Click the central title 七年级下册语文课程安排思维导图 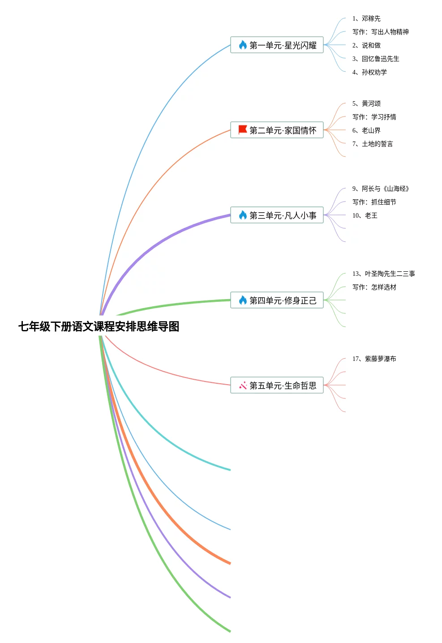[x=99, y=326]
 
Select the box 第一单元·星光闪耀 [x=277, y=45]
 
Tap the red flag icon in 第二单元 [x=243, y=130]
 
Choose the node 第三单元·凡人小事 [x=277, y=215]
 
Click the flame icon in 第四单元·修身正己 [x=243, y=300]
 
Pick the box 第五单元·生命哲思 [x=277, y=385]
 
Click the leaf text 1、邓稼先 [x=366, y=18]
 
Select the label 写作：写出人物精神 [x=381, y=32]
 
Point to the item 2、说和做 [x=366, y=45]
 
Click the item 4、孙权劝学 [x=369, y=72]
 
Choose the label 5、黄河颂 [x=366, y=103]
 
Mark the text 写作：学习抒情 [x=374, y=117]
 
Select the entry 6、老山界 [x=366, y=130]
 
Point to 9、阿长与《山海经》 [x=381, y=189]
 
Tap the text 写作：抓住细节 [x=374, y=202]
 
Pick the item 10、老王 [x=365, y=215]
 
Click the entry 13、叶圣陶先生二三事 [x=384, y=274]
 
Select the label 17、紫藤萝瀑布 [x=374, y=359]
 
